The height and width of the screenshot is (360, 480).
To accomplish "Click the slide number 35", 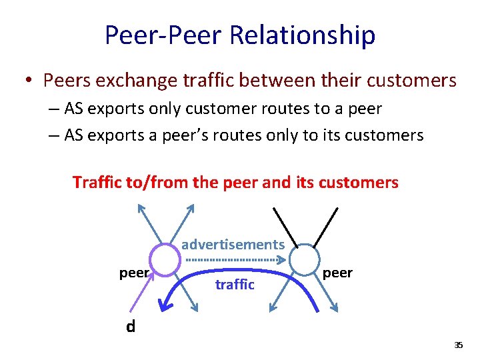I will [458, 345].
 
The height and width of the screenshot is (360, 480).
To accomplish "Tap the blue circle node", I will [304, 258].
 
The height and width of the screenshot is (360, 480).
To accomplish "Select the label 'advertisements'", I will [233, 244].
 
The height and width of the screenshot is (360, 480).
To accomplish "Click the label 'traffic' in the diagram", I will [235, 285].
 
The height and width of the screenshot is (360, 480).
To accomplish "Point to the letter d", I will [131, 327].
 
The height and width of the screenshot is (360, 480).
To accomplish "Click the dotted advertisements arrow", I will [233, 259].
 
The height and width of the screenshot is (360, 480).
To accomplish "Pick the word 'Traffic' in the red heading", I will [97, 182].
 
